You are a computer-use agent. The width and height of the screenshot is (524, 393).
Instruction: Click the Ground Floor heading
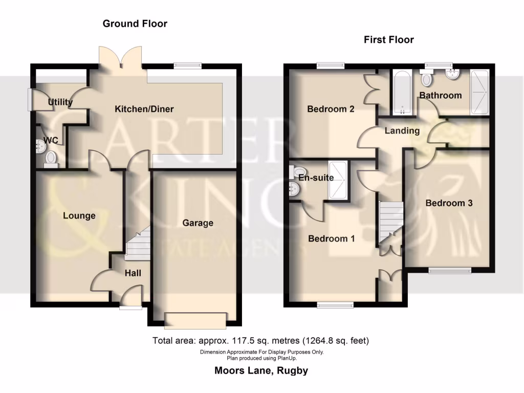[135, 24]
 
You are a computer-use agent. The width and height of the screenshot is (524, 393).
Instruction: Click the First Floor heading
[389, 39]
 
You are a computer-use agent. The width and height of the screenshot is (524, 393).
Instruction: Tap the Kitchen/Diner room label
[144, 109]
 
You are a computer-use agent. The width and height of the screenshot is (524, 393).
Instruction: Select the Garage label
[198, 223]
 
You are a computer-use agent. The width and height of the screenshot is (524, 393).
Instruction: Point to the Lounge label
[79, 216]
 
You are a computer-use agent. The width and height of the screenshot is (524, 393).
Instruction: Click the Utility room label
[60, 102]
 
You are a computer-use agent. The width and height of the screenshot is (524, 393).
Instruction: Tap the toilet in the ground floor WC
[51, 159]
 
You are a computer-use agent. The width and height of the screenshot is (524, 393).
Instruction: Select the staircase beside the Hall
[137, 245]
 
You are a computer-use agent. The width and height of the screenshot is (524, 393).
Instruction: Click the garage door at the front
[194, 320]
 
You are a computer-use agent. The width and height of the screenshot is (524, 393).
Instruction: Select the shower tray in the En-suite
[337, 181]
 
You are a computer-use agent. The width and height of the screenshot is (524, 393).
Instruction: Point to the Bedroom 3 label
[449, 203]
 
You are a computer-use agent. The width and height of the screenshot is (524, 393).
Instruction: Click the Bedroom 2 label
[331, 109]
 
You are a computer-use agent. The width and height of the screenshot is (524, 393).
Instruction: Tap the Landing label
[402, 131]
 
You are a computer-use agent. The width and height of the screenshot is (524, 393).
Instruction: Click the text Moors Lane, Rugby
[261, 370]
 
